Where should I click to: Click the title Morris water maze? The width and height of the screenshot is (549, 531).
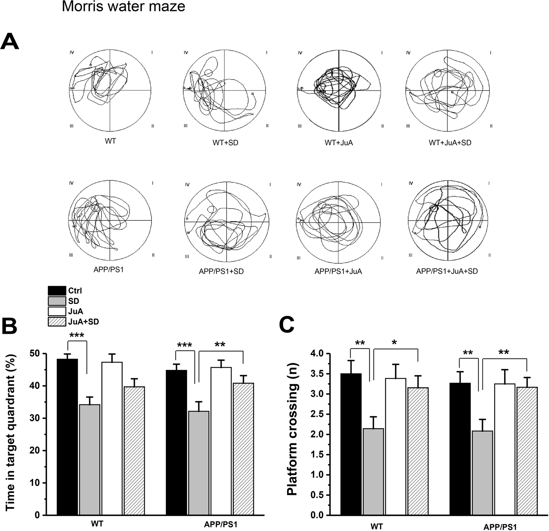click(123, 7)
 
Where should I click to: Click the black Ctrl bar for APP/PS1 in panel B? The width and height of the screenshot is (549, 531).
click(177, 442)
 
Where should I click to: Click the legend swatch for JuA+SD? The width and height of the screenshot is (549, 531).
click(57, 322)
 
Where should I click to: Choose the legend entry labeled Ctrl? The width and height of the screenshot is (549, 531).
click(75, 290)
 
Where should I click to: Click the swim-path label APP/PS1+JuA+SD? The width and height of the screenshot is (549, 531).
click(447, 272)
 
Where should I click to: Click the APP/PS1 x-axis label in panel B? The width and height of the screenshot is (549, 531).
click(220, 524)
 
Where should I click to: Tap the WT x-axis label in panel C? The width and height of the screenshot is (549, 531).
click(376, 526)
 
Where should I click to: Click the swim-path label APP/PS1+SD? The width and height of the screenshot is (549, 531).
click(221, 272)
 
